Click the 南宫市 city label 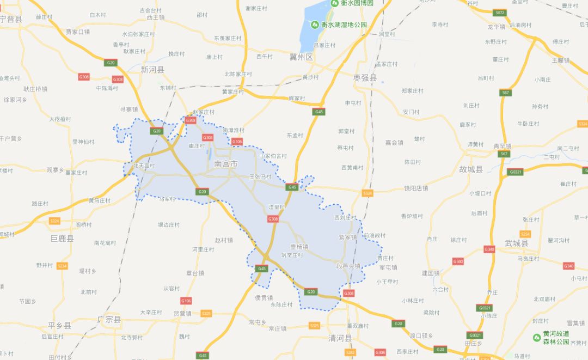pos(226,163)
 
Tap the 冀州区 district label pos(301,57)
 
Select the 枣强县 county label pos(365,78)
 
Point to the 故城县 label pos(471,169)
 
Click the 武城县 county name pos(516,243)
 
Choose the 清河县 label pos(340,338)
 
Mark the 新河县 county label pos(152,70)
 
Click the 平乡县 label pos(59,326)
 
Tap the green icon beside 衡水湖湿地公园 pos(315,25)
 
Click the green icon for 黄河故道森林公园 pos(537,337)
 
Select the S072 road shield pos(500,13)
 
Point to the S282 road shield pos(350,352)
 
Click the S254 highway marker pos(525,234)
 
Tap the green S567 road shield pos(506,93)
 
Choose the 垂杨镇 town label pos(299,247)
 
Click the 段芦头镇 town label pos(348,266)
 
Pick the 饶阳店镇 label pos(416,188)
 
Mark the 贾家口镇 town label pos(77,32)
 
